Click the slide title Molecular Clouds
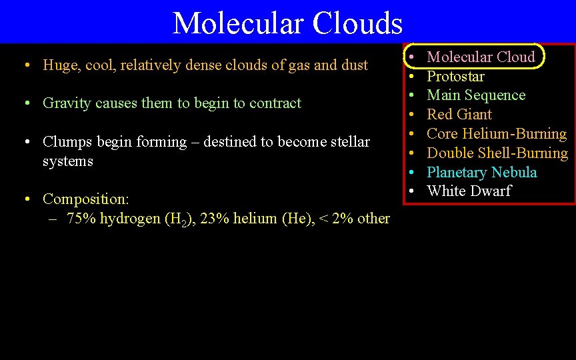[x=287, y=23]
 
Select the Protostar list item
[x=455, y=76]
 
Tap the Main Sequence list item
[x=476, y=95]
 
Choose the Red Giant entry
[x=459, y=115]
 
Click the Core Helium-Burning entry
[x=497, y=133]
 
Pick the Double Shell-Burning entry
[x=497, y=153]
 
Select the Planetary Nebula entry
[x=481, y=172]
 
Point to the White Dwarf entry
[x=469, y=191]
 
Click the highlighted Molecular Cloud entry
[x=481, y=57]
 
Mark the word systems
[x=68, y=161]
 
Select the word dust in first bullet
[x=353, y=65]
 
